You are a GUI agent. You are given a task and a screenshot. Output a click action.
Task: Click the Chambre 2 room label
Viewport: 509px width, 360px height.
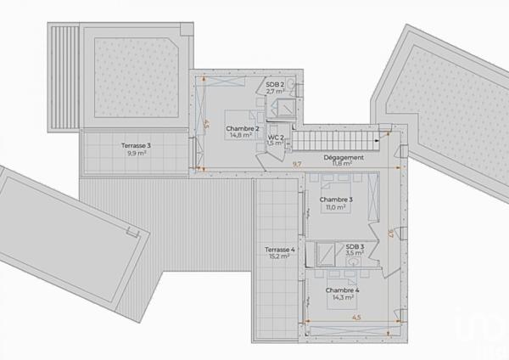pos(243,127)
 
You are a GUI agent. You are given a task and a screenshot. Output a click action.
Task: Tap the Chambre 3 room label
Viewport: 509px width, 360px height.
pos(336,200)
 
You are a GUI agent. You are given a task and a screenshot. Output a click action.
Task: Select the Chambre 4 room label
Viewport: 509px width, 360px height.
pos(341,290)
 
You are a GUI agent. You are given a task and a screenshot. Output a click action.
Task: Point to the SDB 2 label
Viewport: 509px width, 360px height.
pos(274,84)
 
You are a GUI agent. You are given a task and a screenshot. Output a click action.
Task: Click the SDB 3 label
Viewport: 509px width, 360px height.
pos(354,246)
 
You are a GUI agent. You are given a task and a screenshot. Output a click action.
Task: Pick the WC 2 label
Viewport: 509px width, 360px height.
pos(276,137)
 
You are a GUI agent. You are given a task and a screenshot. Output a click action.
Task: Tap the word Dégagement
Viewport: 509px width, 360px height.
pos(344,158)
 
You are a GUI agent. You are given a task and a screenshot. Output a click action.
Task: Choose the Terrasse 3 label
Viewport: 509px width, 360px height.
pos(136,145)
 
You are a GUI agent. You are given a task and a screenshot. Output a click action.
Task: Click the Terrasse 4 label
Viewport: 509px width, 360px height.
pos(279,250)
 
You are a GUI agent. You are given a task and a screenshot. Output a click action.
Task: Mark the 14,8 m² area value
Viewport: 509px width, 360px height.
pos(243,134)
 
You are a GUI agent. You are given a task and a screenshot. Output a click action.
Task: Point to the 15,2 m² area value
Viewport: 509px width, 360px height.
pos(279,256)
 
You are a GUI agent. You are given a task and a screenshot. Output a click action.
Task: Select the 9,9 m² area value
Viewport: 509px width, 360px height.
pos(136,153)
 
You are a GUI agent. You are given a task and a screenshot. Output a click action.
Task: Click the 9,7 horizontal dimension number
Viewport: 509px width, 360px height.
pos(297,162)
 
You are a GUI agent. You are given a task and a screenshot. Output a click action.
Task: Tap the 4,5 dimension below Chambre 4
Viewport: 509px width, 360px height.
pos(356,318)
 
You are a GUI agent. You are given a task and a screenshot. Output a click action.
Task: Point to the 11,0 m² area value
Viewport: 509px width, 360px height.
pos(336,207)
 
